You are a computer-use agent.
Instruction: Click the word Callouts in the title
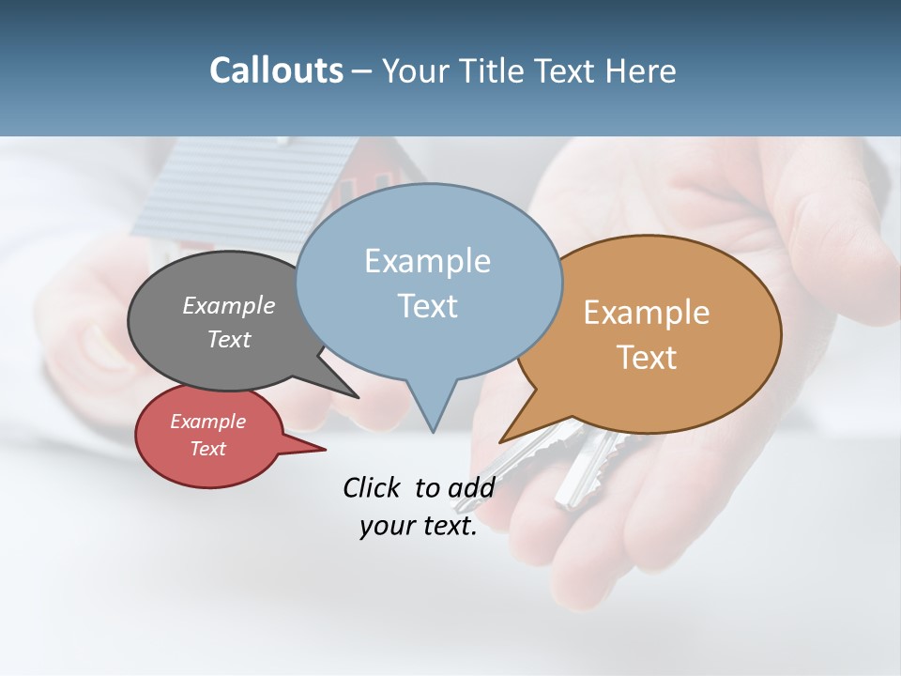276,70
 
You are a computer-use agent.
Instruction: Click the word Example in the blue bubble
427,261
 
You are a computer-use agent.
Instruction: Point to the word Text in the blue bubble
427,306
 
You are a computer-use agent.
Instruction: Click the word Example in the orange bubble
647,313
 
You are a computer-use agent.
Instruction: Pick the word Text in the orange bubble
647,358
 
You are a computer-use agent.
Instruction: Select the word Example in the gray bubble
229,306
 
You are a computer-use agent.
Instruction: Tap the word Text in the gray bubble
229,340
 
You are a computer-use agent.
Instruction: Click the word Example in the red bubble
207,422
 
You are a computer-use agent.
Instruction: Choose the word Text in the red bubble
207,449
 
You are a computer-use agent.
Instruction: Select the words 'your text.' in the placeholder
418,526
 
